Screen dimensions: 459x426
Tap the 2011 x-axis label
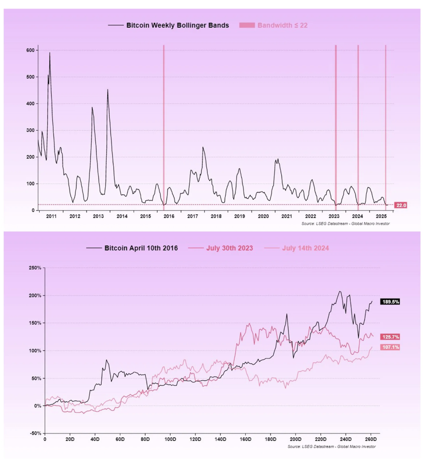point(51,216)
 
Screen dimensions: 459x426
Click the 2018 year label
point(216,216)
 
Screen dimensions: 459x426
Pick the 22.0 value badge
point(401,205)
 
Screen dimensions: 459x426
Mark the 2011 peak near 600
point(50,53)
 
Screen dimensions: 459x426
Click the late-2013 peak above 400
point(108,90)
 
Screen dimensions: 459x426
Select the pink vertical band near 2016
point(164,120)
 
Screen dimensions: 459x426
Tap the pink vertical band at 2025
point(386,120)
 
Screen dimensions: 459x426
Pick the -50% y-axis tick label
point(36,433)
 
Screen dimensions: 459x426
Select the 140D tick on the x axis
point(221,439)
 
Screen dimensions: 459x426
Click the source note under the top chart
point(345,223)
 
